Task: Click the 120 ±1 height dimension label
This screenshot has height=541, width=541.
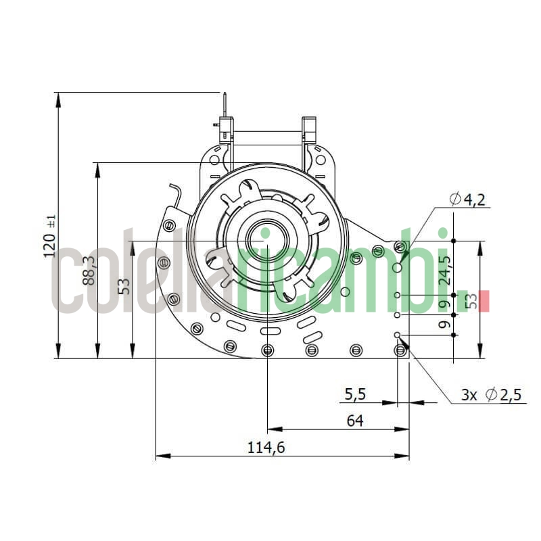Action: coord(49,237)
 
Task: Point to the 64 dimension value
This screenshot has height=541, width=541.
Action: coord(355,421)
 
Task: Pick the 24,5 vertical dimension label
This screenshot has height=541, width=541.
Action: coord(444,268)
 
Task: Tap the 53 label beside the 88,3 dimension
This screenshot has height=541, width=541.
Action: coord(124,286)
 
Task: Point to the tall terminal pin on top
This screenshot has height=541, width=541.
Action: coord(223,108)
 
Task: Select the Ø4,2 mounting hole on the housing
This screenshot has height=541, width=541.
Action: coord(397,268)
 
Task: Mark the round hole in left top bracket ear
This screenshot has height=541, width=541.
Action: coord(214,160)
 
